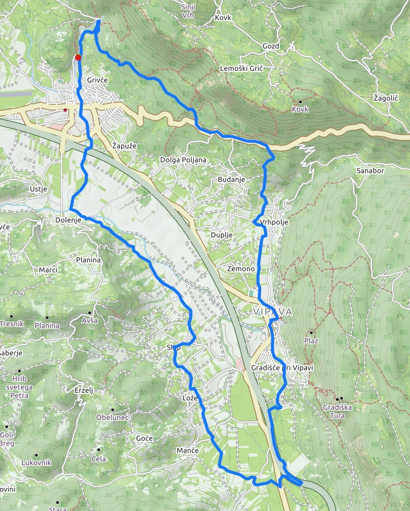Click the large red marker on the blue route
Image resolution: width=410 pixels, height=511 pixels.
coord(78,58)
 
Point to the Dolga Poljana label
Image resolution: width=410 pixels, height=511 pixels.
coord(184,160)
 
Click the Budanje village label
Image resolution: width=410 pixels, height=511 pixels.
coord(232,181)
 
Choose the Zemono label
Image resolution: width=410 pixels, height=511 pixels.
coord(240,269)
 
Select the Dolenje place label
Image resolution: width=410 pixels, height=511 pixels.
coord(68,220)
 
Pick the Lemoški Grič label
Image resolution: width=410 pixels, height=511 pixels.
coord(242,68)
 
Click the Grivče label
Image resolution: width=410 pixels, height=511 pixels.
coord(97,80)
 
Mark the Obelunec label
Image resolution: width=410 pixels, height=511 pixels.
coord(113,418)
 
